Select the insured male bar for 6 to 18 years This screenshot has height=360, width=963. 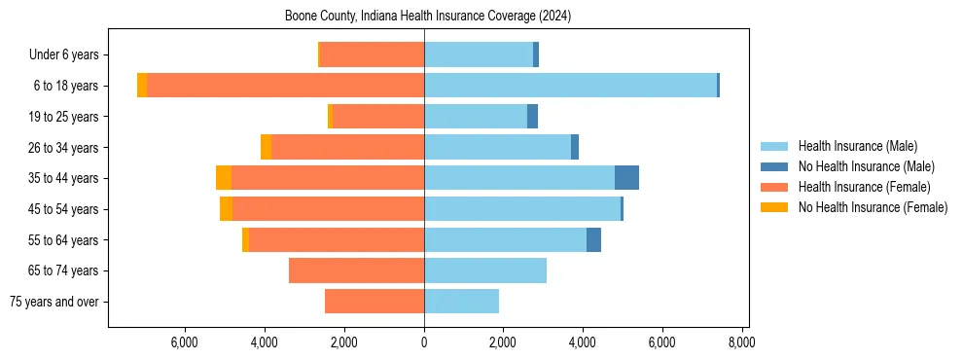(570, 86)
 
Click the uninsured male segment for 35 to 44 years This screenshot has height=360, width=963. (626, 178)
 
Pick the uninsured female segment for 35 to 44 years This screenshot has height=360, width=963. (224, 178)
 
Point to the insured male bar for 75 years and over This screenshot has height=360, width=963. (461, 302)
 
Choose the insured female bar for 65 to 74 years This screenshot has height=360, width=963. (356, 270)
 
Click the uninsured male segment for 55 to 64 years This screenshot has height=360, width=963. (593, 239)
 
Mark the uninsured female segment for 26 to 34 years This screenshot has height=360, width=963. (266, 147)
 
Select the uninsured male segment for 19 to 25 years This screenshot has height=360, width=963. (532, 117)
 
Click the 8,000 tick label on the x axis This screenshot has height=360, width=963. (741, 342)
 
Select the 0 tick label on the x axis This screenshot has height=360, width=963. (424, 342)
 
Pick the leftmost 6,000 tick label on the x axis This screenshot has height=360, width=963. (185, 342)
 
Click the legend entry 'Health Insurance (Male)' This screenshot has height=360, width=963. (857, 146)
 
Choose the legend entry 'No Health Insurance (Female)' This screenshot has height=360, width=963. (873, 207)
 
